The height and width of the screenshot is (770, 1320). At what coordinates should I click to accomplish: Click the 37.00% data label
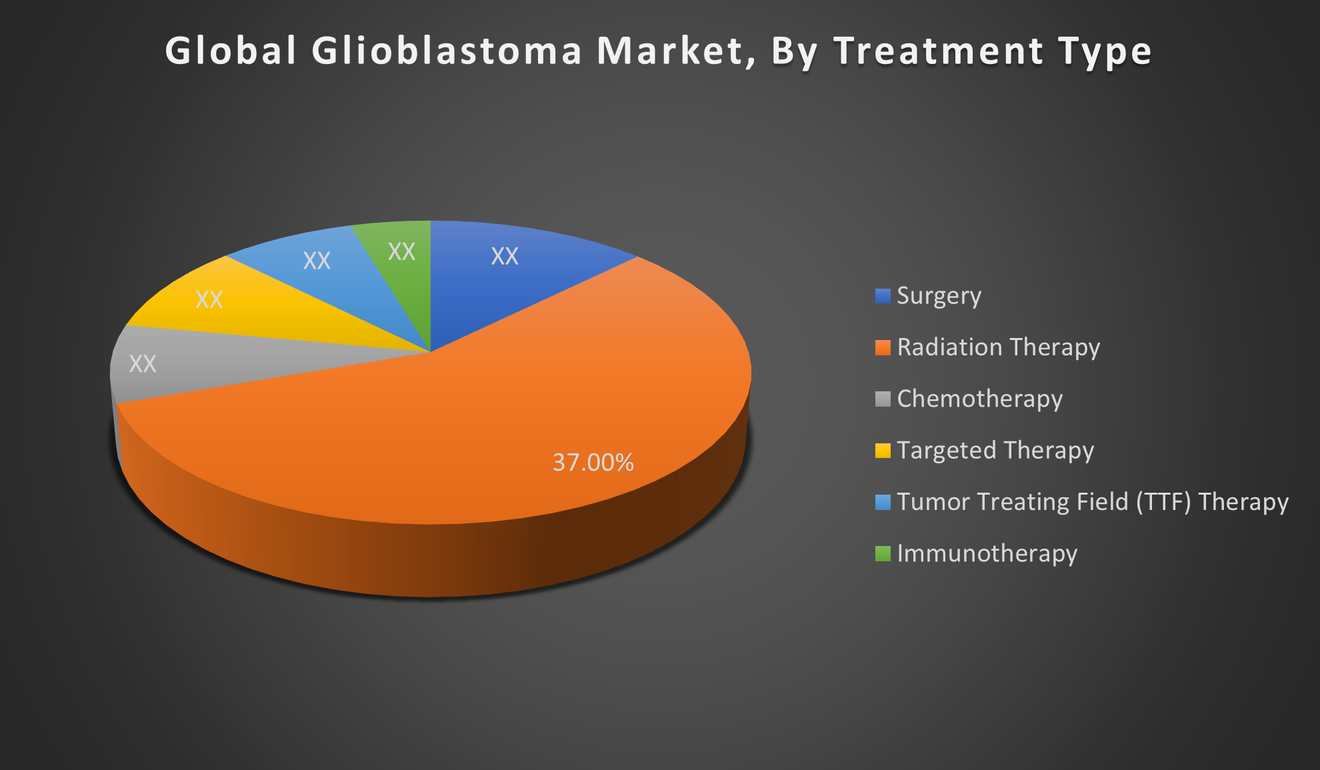pos(593,462)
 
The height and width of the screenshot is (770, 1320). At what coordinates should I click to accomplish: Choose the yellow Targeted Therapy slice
pos(233,307)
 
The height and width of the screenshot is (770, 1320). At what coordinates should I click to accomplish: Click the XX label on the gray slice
pos(143,363)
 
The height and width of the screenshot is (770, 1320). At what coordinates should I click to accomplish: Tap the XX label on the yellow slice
pos(209,299)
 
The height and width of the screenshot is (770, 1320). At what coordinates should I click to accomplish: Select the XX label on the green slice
pos(401,251)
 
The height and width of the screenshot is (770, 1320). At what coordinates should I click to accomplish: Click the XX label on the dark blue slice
pos(505,256)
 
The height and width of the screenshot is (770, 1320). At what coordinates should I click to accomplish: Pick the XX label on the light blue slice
pos(317,260)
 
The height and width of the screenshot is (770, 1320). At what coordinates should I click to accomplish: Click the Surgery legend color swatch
pos(883,296)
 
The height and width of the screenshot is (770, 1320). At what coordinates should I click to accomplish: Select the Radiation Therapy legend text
pos(999,347)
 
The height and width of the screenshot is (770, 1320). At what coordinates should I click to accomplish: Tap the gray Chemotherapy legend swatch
pos(883,399)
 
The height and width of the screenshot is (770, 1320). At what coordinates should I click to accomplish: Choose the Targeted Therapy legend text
pos(995,451)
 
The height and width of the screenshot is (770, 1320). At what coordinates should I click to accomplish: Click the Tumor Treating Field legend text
pos(1093,502)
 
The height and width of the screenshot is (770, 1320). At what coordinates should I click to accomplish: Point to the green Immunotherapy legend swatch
pos(883,553)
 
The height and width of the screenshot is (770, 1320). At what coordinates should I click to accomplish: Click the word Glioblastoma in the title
pos(447,51)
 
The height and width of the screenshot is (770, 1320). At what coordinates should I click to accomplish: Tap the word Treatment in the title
pos(939,51)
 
